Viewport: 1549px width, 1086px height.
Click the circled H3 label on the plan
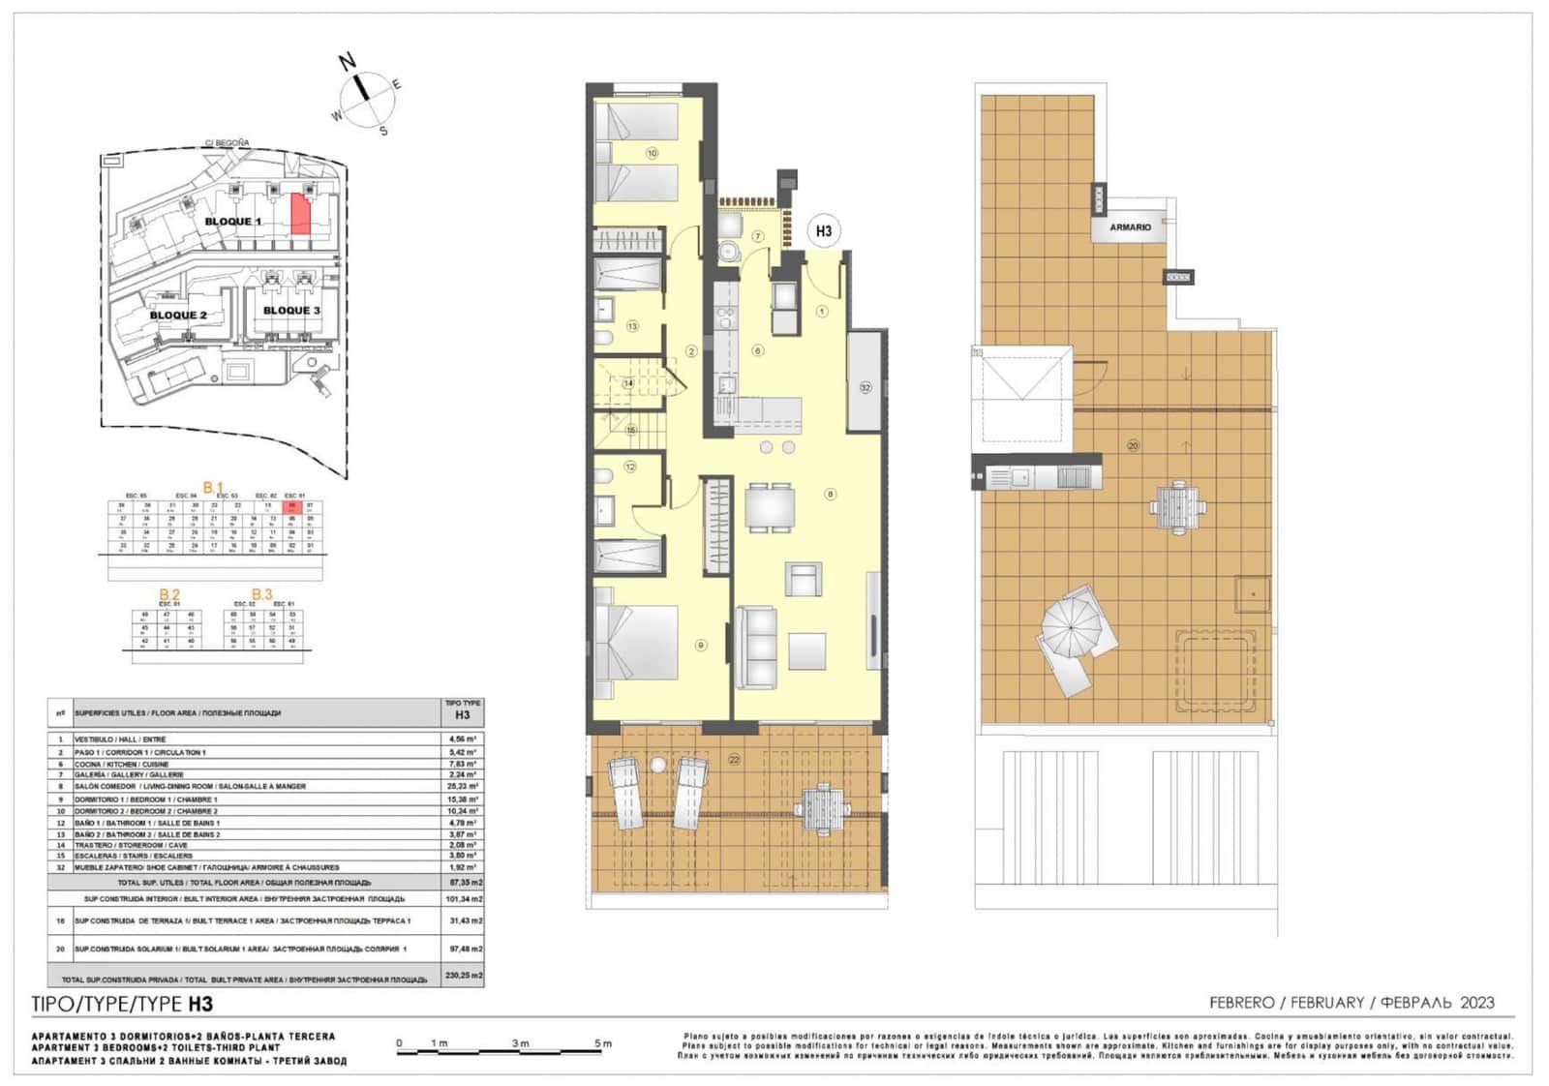[x=823, y=231]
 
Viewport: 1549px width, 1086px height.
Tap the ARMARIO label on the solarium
[x=1130, y=227]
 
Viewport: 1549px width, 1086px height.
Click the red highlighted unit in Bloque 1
[x=301, y=214]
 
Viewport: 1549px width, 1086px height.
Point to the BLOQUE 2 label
[x=178, y=315]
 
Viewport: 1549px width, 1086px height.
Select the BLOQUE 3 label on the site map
[x=291, y=311]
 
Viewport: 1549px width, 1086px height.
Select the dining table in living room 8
[x=770, y=505]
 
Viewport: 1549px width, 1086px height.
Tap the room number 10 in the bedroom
[x=652, y=153]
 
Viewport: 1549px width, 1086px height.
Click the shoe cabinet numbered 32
[x=865, y=384]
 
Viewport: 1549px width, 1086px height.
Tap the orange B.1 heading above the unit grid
[x=213, y=487]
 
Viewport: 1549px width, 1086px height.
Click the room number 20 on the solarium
[x=1133, y=446]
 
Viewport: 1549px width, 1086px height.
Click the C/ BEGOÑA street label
[x=227, y=143]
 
